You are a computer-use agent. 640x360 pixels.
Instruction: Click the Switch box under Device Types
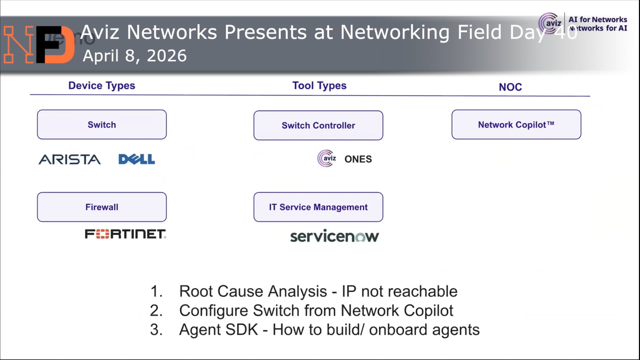(102, 124)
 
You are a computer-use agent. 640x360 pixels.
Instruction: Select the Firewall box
(102, 207)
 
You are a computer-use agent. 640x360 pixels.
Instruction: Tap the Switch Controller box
(318, 125)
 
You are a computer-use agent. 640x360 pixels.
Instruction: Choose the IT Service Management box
(318, 207)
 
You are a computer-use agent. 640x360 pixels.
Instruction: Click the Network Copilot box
(516, 124)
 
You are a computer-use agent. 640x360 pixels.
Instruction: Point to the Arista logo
(69, 159)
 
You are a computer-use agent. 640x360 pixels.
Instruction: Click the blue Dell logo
(137, 159)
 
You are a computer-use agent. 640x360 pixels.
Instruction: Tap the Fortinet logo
(125, 234)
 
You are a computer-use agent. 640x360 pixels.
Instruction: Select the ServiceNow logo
(334, 236)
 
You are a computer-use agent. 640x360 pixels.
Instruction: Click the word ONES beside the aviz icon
(358, 159)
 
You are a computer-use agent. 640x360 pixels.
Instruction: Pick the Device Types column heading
(102, 86)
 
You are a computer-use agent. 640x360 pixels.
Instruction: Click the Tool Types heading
(319, 86)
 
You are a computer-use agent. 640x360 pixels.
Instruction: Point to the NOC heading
(510, 87)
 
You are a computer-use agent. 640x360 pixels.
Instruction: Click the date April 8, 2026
(135, 56)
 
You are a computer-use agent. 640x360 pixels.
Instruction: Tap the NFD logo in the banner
(38, 44)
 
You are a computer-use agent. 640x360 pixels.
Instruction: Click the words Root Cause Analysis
(253, 291)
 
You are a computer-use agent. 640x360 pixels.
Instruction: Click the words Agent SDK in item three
(218, 330)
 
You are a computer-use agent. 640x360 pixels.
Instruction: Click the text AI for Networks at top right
(597, 20)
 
